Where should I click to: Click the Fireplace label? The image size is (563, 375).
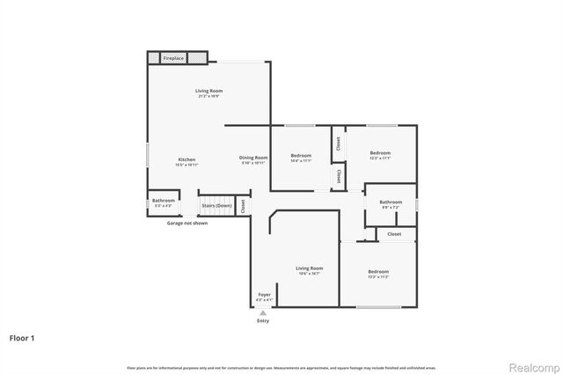tap(173, 58)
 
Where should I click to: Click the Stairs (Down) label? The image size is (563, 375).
tap(216, 205)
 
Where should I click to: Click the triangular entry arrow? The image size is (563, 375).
tap(263, 312)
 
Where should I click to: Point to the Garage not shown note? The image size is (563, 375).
tap(187, 223)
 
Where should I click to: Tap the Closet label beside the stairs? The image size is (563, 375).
tap(243, 205)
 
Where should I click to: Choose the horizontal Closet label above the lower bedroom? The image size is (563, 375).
tap(394, 234)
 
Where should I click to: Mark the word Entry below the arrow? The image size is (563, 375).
tap(263, 320)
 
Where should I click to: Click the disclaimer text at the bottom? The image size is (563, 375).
tap(281, 367)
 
